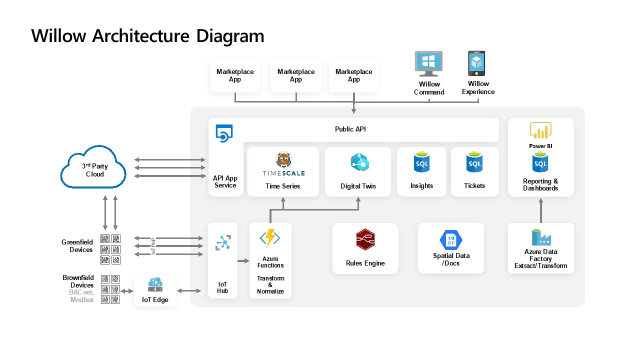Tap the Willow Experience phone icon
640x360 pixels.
[x=476, y=63]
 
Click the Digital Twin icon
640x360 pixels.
[x=359, y=163]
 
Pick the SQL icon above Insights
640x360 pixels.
[x=421, y=163]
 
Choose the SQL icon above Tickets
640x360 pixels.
[x=474, y=163]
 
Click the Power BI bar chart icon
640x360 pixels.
[x=540, y=131]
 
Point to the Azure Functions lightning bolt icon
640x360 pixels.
[x=270, y=238]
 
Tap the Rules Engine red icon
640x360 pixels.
[x=365, y=240]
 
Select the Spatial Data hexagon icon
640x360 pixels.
[x=450, y=239]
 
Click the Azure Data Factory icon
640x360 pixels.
[x=540, y=237]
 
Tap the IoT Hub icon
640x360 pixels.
[x=222, y=242]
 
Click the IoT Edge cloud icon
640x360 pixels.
[x=155, y=285]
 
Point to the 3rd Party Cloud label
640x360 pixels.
[x=94, y=170]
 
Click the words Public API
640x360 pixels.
[x=350, y=129]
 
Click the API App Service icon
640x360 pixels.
[x=224, y=133]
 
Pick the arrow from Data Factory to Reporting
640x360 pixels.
[x=540, y=210]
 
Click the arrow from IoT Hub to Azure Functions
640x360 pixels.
[x=243, y=261]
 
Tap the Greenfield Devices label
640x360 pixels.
[x=77, y=246]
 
